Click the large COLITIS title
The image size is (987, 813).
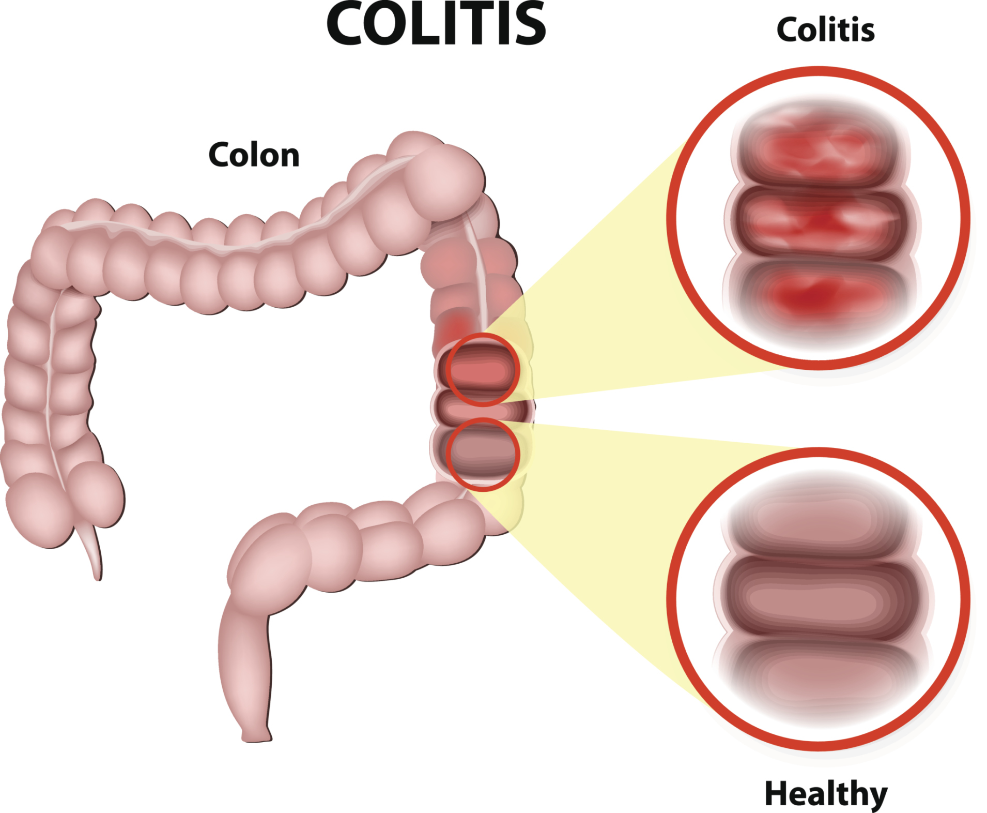coord(436,24)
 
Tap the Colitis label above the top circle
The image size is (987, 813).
coord(825,29)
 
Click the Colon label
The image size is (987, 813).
coord(254,155)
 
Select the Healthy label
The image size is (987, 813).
coord(825,794)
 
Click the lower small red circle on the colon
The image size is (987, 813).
coord(483,454)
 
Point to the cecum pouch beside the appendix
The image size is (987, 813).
coord(39,509)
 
